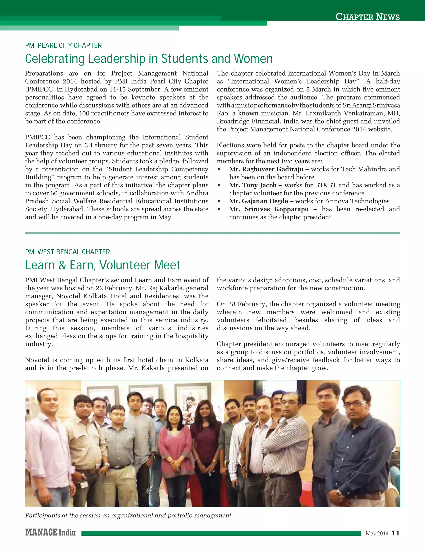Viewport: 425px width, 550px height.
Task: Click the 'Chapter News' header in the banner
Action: click(367, 17)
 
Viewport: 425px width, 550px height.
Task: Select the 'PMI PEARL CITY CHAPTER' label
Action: click(64, 46)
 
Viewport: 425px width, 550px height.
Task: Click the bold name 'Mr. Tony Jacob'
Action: click(253, 185)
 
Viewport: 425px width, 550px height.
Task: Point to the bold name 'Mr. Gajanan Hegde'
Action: click(259, 201)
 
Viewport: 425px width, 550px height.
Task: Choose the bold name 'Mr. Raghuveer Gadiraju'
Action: click(266, 169)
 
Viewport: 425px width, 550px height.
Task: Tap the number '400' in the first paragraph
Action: click(84, 114)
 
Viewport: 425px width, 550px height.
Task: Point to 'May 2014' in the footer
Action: click(377, 533)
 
